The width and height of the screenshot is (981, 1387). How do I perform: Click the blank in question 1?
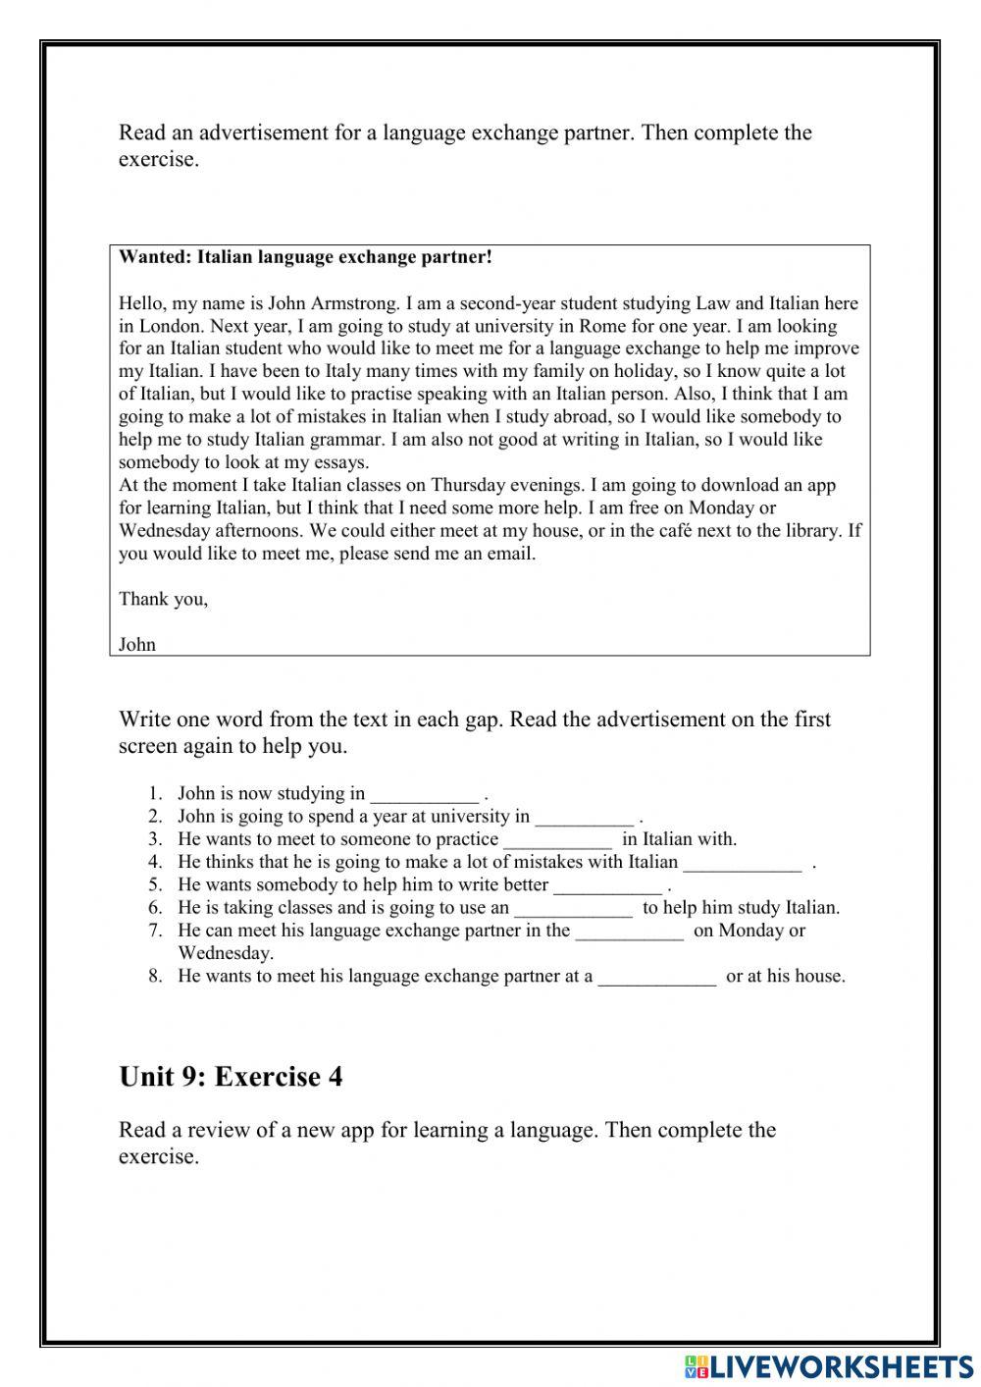424,794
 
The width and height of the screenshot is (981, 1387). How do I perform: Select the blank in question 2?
585,817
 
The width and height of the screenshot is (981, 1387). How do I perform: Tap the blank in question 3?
557,840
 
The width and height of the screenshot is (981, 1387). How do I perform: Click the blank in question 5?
607,885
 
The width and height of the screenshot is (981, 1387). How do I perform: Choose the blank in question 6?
574,908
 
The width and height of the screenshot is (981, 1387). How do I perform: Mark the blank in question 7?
630,931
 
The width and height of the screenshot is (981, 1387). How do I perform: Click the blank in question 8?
657,977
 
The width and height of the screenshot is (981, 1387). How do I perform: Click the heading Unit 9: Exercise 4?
231,1077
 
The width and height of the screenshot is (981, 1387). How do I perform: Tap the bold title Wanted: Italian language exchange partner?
305,257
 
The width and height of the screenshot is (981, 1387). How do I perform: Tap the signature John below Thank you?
137,645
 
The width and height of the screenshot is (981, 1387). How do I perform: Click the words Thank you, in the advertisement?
163,599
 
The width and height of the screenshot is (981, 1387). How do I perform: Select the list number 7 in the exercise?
155,931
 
